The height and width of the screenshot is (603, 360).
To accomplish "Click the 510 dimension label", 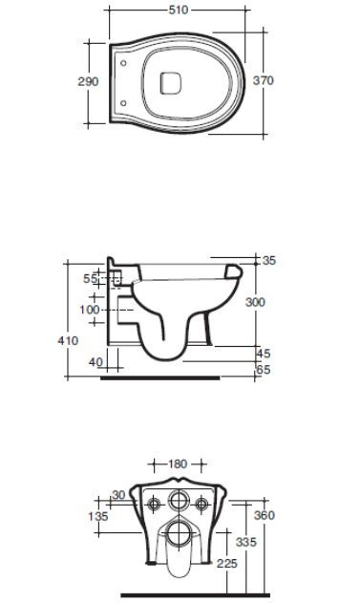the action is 179,10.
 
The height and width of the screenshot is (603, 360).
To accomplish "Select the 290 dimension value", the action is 88,81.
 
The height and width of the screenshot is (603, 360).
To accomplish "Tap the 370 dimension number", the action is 264,80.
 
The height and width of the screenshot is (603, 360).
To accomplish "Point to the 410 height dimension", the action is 68,340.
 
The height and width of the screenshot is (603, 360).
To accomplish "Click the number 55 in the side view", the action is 91,278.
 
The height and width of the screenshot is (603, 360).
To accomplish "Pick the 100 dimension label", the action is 90,310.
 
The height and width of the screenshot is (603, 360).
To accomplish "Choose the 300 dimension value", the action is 256,302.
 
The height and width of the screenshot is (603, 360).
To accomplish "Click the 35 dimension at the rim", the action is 269,260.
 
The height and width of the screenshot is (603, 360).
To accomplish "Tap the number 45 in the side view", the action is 264,353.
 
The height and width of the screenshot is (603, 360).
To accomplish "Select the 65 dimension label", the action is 264,370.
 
